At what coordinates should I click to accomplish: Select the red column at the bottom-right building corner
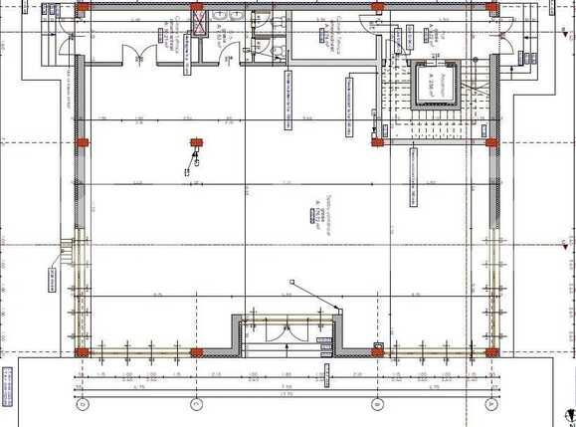[489, 350]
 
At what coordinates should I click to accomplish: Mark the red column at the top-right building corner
[489, 6]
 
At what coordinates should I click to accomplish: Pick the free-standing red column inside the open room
[196, 142]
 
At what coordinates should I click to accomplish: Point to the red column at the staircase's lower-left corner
[378, 142]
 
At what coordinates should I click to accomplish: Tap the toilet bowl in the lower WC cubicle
[280, 50]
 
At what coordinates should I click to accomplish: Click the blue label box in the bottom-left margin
[7, 386]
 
